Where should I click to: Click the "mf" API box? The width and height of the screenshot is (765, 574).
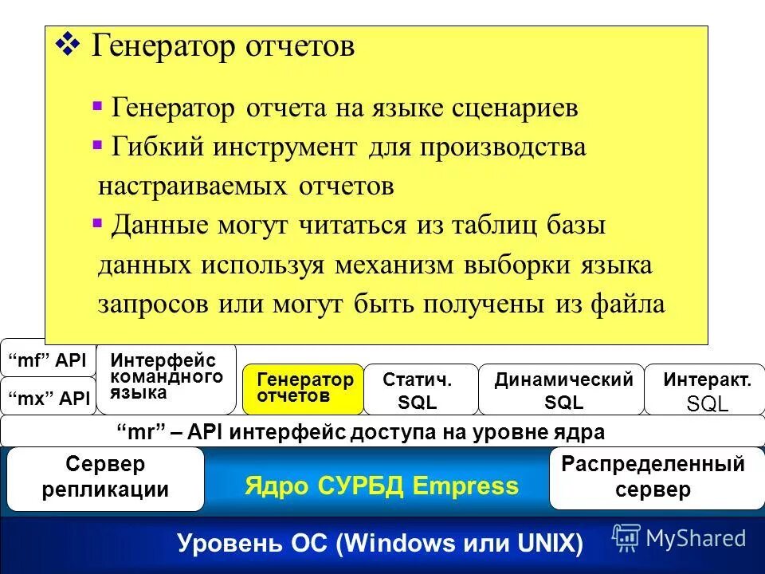[48, 360]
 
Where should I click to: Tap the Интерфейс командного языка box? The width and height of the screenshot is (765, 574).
[167, 376]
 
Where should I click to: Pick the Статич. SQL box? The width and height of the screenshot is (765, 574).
[420, 391]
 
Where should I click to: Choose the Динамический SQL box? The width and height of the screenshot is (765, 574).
[561, 391]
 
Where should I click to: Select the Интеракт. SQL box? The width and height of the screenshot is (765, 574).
[705, 391]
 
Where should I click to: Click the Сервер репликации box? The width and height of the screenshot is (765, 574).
[105, 478]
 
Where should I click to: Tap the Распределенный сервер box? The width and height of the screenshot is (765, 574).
[653, 477]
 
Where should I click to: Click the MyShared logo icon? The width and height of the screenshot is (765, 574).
[626, 537]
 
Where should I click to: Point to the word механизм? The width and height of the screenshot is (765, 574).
[399, 265]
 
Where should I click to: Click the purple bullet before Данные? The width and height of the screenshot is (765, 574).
[97, 223]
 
